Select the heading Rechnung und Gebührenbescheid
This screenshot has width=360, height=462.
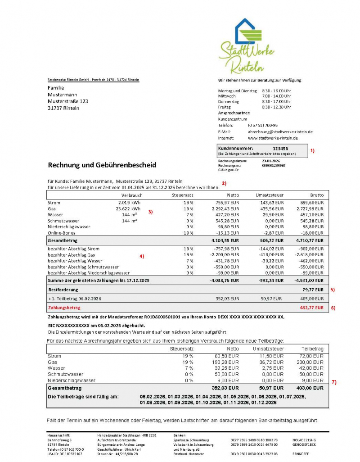tap(102, 165)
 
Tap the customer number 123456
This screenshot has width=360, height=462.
tap(280, 148)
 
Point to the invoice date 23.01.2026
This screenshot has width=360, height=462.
tap(271, 161)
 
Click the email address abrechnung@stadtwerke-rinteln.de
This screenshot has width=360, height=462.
tap(280, 131)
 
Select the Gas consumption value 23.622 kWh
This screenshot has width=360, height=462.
tap(128, 208)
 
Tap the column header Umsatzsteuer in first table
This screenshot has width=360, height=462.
tap(270, 195)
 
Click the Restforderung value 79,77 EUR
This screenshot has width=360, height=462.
tap(313, 290)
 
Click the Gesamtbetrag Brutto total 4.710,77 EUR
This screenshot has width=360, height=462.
tap(310, 241)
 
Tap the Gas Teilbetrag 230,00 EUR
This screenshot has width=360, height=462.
tap(312, 362)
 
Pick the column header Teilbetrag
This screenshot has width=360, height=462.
tap(312, 349)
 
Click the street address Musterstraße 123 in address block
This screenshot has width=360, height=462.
tap(68, 101)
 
